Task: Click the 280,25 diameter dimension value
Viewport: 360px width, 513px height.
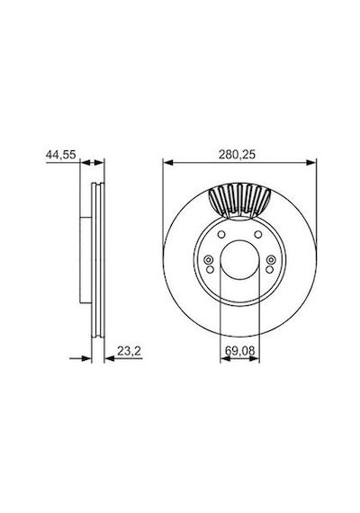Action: tap(237, 155)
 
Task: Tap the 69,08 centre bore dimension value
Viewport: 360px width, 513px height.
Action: tap(239, 351)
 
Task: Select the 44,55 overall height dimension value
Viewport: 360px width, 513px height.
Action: tap(61, 155)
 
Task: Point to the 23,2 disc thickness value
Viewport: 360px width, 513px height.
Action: tap(129, 351)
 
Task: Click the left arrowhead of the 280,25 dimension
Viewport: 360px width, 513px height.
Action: tap(167, 163)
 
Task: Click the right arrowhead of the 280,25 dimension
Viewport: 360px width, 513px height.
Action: tap(311, 163)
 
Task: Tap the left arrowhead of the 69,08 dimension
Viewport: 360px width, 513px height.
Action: tap(225, 359)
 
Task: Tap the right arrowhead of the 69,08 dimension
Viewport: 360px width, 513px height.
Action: tap(255, 359)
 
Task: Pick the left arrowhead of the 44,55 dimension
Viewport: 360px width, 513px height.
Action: tap(85, 163)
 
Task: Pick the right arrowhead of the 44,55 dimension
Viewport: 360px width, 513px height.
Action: tap(99, 163)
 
